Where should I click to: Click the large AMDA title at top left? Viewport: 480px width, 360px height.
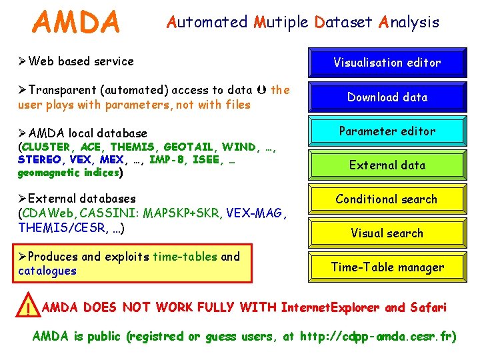tap(76, 22)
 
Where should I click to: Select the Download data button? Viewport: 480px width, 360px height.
tap(387, 97)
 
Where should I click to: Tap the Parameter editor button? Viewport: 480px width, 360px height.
tap(387, 131)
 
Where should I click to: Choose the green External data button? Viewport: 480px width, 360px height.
tap(387, 165)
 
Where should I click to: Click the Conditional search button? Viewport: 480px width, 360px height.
tap(387, 199)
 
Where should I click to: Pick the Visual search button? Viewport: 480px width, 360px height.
tap(387, 233)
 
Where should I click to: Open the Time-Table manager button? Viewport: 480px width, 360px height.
tap(387, 267)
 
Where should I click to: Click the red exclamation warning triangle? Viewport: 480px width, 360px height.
tap(27, 309)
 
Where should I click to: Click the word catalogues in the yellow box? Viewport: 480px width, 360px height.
tap(47, 271)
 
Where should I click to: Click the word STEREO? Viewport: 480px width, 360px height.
tap(39, 160)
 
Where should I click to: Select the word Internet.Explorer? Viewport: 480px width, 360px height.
tap(330, 307)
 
